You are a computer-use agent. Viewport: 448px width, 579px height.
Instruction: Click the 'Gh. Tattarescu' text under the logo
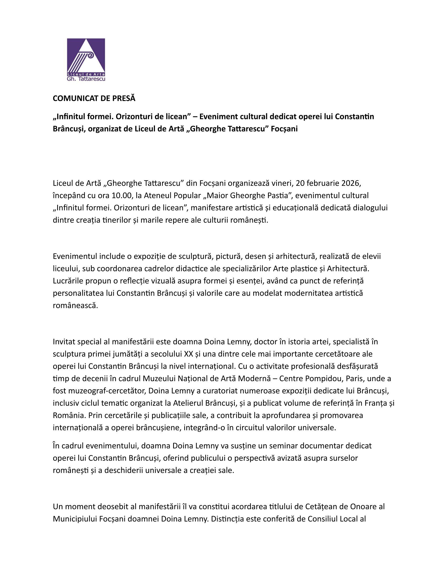86,79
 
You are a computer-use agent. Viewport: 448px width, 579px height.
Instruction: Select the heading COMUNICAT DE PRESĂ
94,98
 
